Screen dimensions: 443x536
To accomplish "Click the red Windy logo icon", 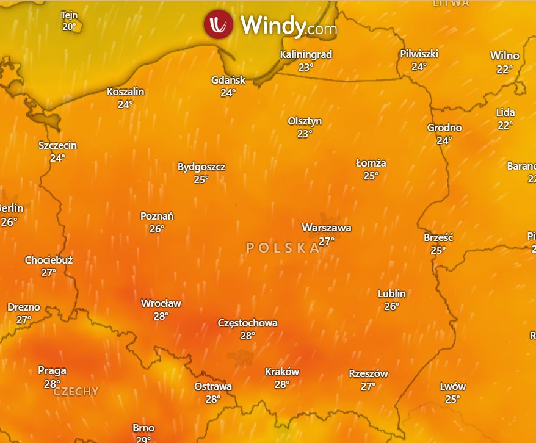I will pyautogui.click(x=219, y=24).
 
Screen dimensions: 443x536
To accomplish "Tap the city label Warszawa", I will pyautogui.click(x=327, y=228).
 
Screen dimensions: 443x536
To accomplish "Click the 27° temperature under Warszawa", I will pyautogui.click(x=327, y=241).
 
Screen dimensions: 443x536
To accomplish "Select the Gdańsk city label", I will pyautogui.click(x=228, y=80).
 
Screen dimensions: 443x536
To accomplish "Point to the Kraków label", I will pyautogui.click(x=282, y=372).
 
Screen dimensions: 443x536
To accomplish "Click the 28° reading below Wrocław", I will pyautogui.click(x=161, y=316).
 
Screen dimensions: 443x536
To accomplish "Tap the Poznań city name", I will pyautogui.click(x=157, y=216).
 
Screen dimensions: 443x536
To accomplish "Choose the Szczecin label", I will pyautogui.click(x=57, y=145).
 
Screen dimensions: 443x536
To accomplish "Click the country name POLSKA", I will pyautogui.click(x=283, y=248).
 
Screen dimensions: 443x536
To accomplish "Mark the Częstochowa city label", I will pyautogui.click(x=248, y=323).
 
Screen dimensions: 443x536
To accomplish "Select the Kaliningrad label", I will pyautogui.click(x=306, y=54).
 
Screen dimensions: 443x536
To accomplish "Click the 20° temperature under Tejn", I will pyautogui.click(x=69, y=27).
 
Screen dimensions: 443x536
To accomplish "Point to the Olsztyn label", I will pyautogui.click(x=305, y=121).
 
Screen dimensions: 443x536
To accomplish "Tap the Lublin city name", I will pyautogui.click(x=392, y=294).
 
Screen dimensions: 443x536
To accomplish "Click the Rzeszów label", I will pyautogui.click(x=368, y=373).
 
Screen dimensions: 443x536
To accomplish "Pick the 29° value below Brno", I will pyautogui.click(x=143, y=439).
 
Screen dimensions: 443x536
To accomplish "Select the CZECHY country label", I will pyautogui.click(x=76, y=392).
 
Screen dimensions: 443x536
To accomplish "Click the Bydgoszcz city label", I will pyautogui.click(x=201, y=167).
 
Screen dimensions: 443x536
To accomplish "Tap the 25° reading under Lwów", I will pyautogui.click(x=452, y=399).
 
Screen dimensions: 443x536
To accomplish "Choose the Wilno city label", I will pyautogui.click(x=505, y=56).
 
